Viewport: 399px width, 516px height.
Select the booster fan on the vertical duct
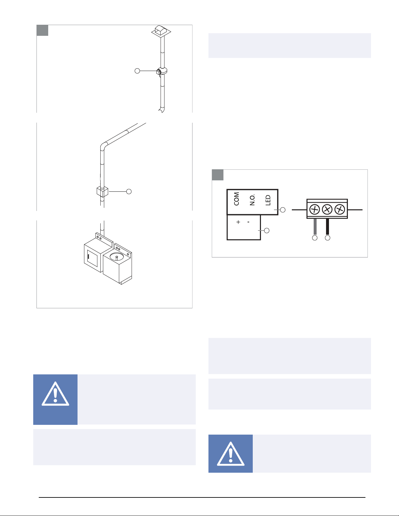pos(162,71)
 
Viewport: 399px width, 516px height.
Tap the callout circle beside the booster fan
pos(137,71)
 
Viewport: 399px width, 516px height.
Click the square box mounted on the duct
pos(102,192)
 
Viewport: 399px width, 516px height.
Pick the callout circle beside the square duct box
pos(129,191)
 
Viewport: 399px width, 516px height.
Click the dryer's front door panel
pos(93,258)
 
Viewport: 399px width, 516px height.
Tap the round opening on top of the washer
pos(117,257)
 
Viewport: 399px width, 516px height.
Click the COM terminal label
pos(236,199)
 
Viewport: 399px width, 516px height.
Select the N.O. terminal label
pos(252,200)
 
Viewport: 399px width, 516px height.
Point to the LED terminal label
pos(268,200)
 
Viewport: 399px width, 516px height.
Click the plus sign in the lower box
pos(238,222)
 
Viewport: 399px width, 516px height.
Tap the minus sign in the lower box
pos(249,222)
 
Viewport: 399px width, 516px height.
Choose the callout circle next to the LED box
pos(283,210)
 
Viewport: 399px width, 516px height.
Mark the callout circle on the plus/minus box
pos(267,230)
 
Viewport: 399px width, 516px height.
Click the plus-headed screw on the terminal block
pos(315,210)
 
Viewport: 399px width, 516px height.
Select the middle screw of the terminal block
pos(327,210)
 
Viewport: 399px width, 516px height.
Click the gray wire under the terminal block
pos(315,227)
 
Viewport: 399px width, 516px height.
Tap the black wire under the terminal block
pos(328,227)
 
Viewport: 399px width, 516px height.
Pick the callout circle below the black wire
pos(328,238)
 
